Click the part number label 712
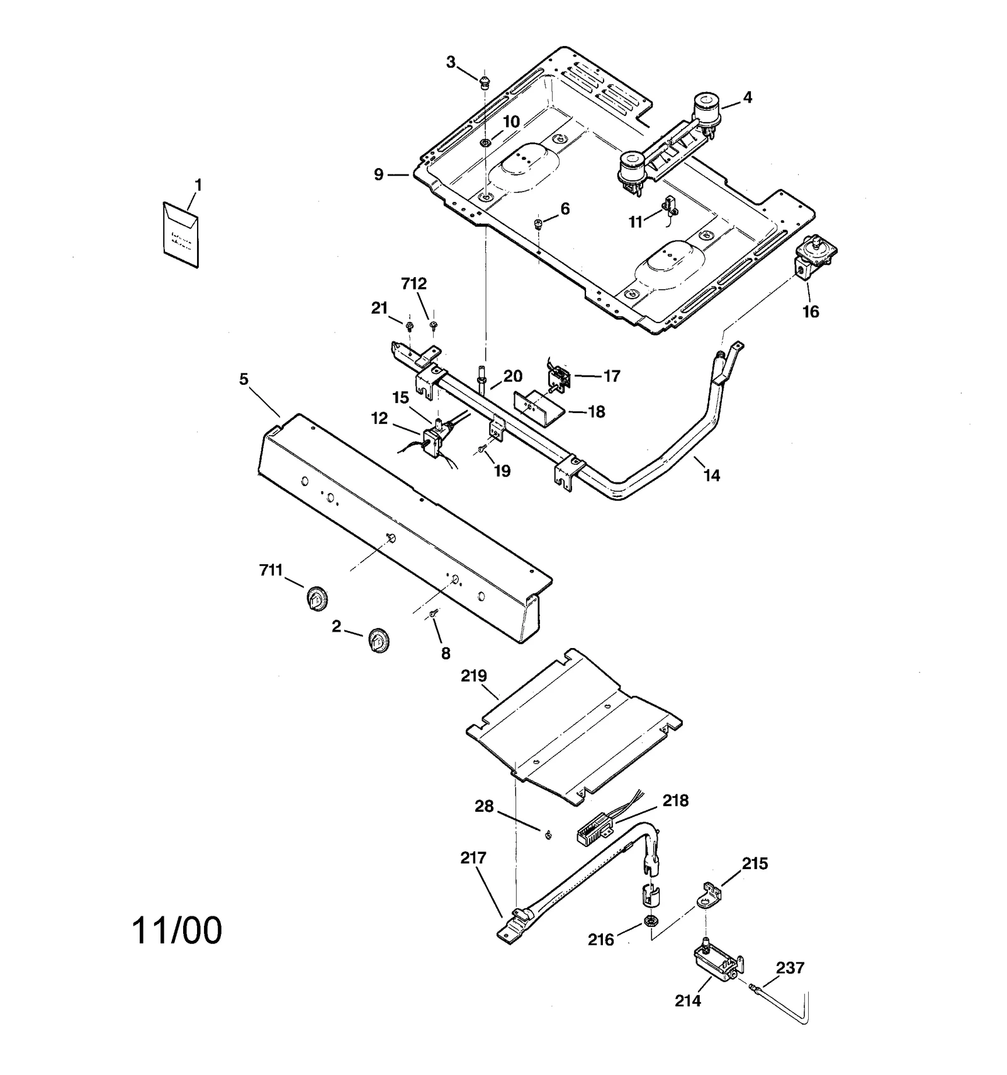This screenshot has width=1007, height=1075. pos(413,283)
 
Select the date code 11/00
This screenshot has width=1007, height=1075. pos(177,930)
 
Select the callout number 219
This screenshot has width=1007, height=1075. pos(473,676)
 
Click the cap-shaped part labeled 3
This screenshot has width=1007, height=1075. pos(484,81)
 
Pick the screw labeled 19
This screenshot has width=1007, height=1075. pos(481,449)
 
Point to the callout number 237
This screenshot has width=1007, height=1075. pos(790,967)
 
